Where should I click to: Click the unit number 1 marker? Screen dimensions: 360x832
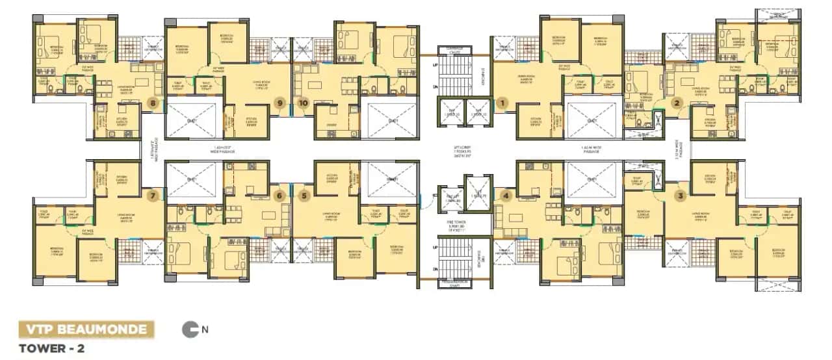(x=501, y=102)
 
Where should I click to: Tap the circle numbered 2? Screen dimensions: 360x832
(x=677, y=102)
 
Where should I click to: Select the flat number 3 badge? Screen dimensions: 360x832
(x=680, y=195)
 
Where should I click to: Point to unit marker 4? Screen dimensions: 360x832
(x=507, y=195)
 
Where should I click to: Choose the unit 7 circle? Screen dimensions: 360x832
(x=153, y=195)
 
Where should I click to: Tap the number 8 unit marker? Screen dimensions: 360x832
(x=153, y=102)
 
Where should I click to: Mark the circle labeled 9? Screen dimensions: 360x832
(x=280, y=102)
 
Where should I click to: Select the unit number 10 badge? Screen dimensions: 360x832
(x=304, y=102)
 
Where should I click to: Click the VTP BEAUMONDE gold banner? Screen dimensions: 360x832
(x=86, y=329)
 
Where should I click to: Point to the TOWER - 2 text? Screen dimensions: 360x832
(x=52, y=348)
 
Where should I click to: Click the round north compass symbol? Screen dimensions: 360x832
(x=190, y=329)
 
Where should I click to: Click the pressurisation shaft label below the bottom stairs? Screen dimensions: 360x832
(x=456, y=282)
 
